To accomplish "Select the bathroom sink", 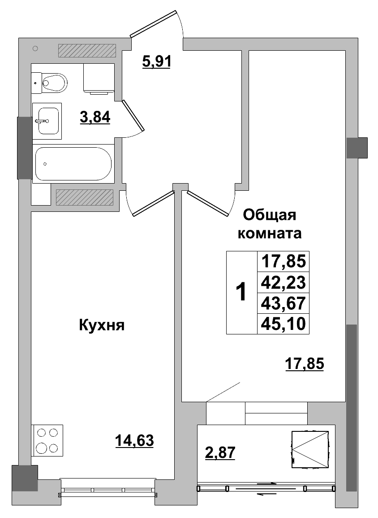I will pos(48,120).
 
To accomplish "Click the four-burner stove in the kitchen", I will pos(47,440).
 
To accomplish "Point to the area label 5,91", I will pos(156,61).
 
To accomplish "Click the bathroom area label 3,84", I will pos(95,118).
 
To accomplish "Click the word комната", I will pos(270,233).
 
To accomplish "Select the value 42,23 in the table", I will pos(283,282).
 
